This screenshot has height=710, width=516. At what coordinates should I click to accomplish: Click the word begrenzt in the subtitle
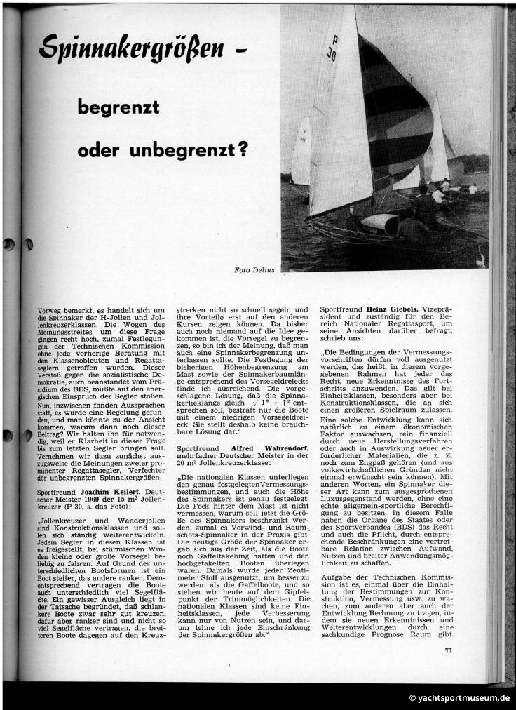[118, 108]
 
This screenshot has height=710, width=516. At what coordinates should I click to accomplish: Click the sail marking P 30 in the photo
[332, 48]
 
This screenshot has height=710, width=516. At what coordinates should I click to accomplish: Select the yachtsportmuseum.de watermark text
[459, 698]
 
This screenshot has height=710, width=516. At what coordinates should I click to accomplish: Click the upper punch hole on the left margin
[9, 244]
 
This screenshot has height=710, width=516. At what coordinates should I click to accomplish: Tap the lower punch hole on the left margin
[8, 436]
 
